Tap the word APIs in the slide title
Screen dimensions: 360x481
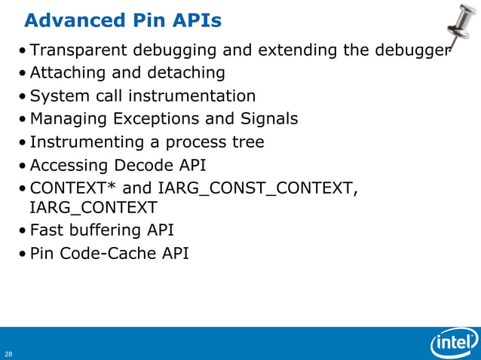195,20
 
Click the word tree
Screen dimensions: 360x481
248,142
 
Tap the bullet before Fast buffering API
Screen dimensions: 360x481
25,231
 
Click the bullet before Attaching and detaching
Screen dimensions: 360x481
25,74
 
